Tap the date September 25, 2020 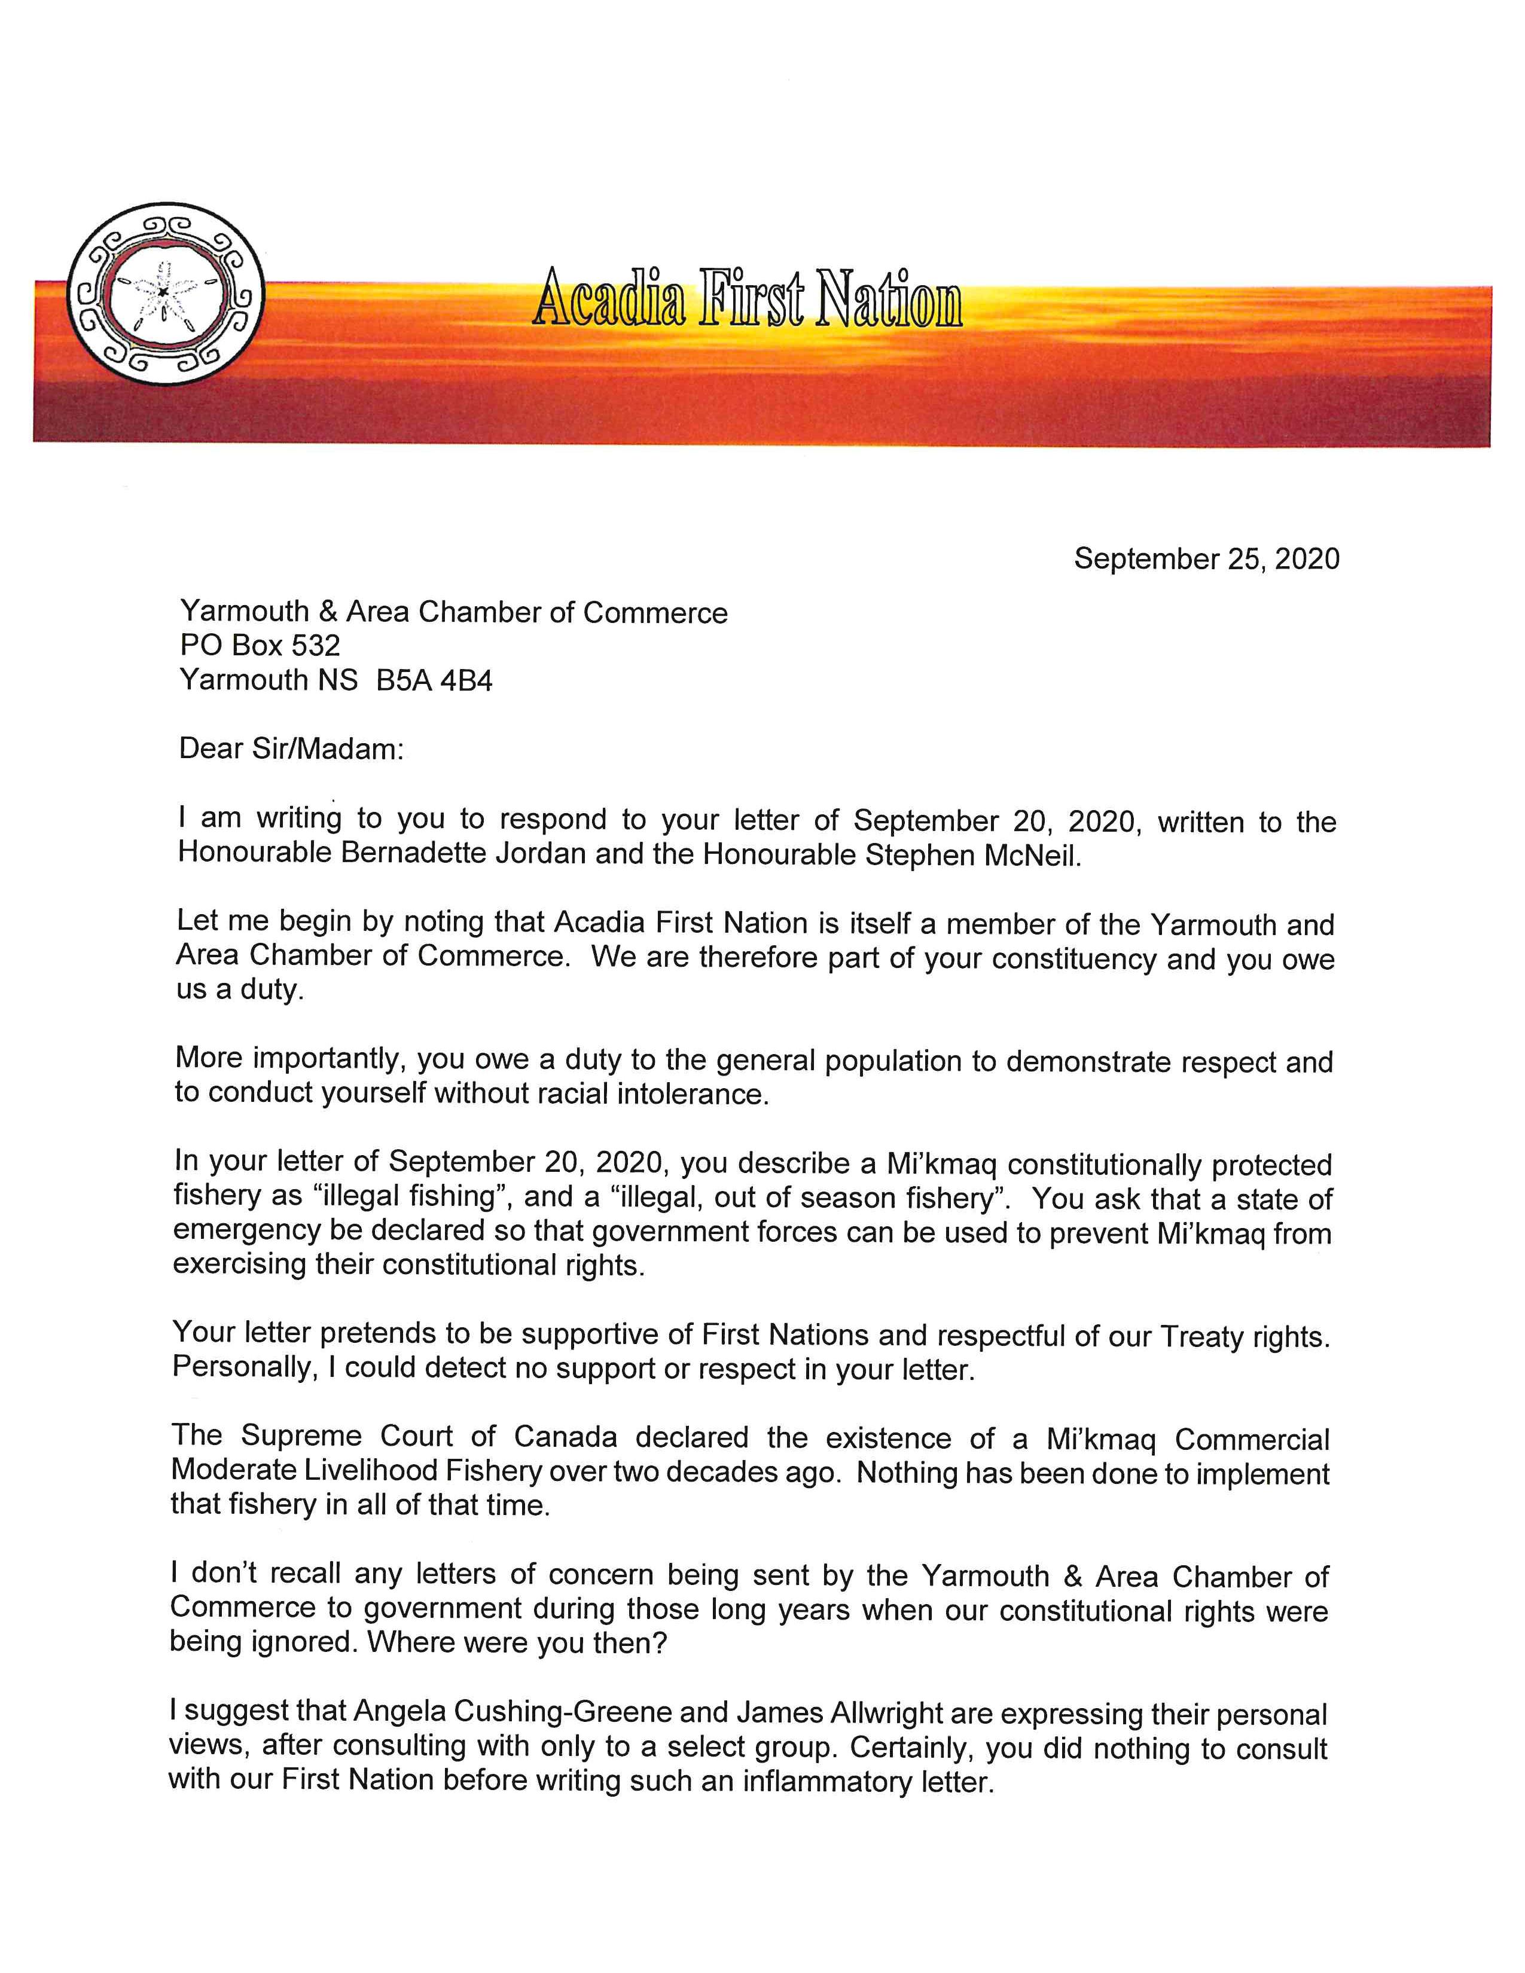1206,559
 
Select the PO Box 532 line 260,645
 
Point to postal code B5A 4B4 435,679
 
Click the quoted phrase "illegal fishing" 407,1197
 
